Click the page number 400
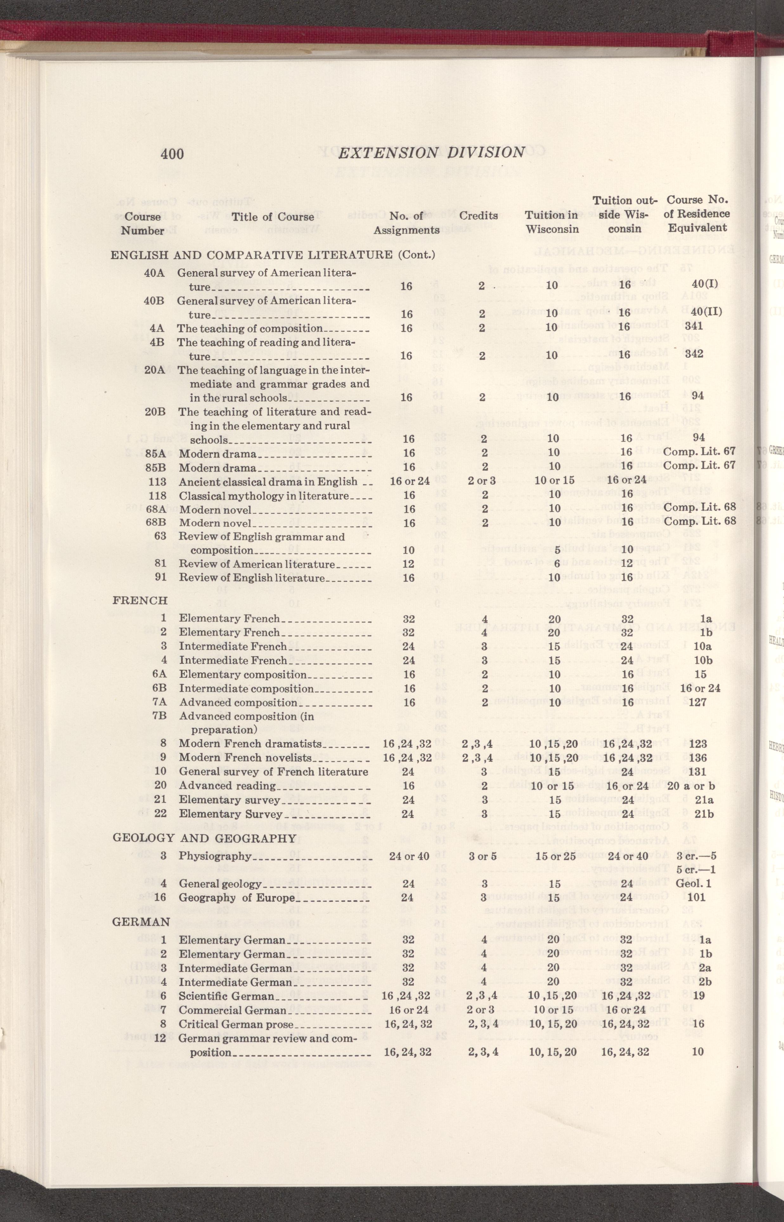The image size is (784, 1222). click(x=172, y=153)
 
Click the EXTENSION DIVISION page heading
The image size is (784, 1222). click(x=431, y=152)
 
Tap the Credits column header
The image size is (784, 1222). click(x=478, y=215)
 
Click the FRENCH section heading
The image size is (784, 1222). click(x=140, y=600)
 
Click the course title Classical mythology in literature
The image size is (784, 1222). click(x=264, y=495)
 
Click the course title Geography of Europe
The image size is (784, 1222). click(x=237, y=897)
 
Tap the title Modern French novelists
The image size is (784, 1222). click(x=245, y=758)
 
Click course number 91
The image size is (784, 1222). click(x=160, y=578)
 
